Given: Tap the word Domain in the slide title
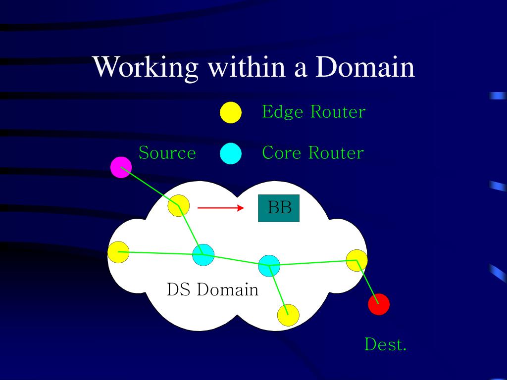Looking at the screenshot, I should [365, 67].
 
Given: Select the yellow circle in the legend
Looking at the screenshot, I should [231, 112].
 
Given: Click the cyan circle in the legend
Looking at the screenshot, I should [231, 153].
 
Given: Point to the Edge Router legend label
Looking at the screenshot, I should [313, 112].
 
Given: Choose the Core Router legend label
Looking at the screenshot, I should [313, 153].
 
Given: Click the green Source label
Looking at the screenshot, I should [167, 153].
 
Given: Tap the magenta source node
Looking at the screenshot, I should [121, 167].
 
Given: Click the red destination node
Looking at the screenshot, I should [379, 304].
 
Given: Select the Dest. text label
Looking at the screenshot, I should [385, 344].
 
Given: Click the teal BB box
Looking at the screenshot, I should [279, 208].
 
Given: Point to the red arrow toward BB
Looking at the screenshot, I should [218, 208].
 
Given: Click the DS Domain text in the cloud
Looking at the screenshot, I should [212, 289].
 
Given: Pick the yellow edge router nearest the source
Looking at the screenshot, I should [179, 205].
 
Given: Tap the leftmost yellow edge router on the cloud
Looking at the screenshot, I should [118, 252].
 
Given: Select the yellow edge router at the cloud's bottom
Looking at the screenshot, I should [288, 315].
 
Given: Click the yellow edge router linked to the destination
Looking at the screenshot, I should [356, 260].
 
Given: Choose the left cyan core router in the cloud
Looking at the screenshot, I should [203, 255].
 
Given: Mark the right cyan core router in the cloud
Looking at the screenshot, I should [269, 266].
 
